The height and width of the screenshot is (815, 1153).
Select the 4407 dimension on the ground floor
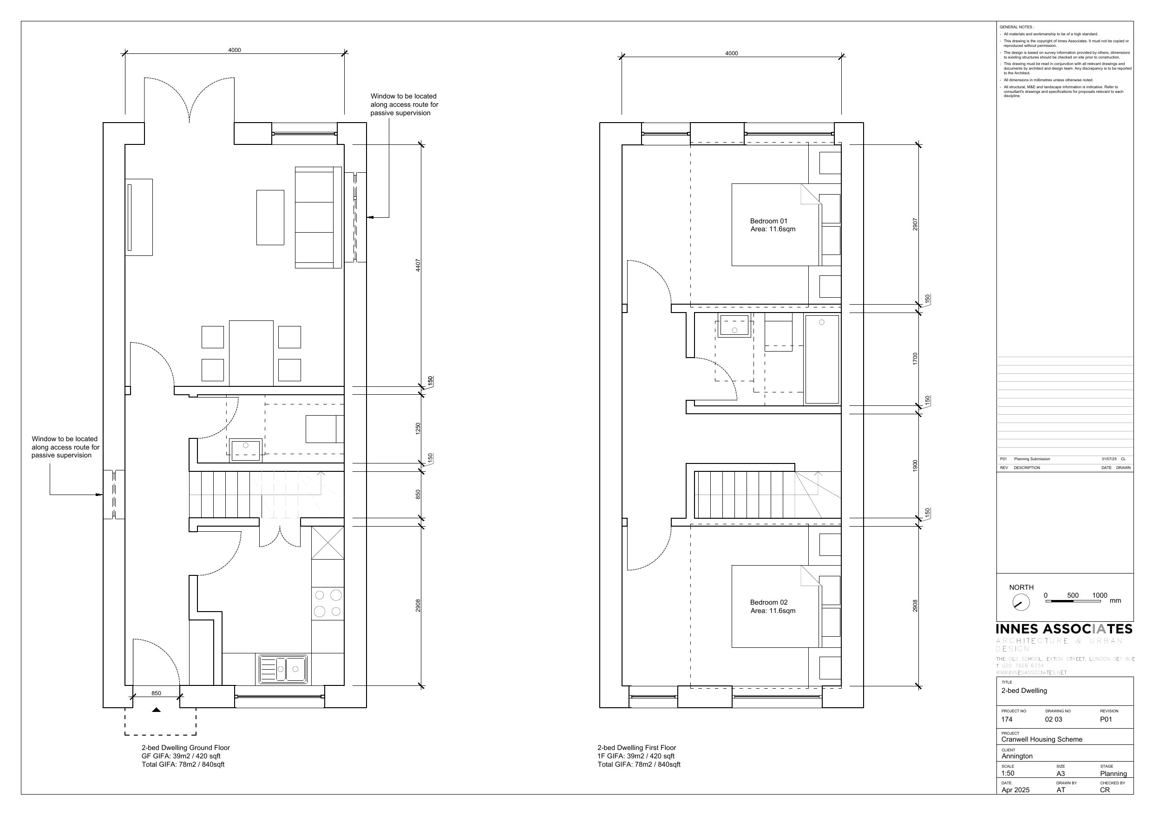(x=418, y=265)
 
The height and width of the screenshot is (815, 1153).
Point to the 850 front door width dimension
(x=156, y=693)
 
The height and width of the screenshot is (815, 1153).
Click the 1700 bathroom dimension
(x=915, y=359)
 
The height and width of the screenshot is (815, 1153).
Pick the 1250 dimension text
(x=418, y=428)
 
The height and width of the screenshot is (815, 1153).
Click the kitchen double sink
(x=283, y=669)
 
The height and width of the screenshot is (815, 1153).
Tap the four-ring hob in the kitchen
(x=328, y=603)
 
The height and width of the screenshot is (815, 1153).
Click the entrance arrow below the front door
(x=156, y=710)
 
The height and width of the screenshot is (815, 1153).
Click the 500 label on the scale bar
(x=1073, y=595)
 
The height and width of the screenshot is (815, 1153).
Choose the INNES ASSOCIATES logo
(x=1064, y=629)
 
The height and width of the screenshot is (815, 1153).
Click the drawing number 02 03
(x=1054, y=719)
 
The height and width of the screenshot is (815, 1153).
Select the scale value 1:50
(x=1008, y=773)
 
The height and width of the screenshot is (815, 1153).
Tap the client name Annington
(x=1017, y=756)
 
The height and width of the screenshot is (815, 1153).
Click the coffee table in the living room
(x=270, y=217)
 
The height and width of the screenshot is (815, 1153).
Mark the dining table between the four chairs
(x=251, y=353)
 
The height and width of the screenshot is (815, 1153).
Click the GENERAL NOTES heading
(x=1016, y=27)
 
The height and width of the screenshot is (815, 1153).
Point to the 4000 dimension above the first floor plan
(x=731, y=53)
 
